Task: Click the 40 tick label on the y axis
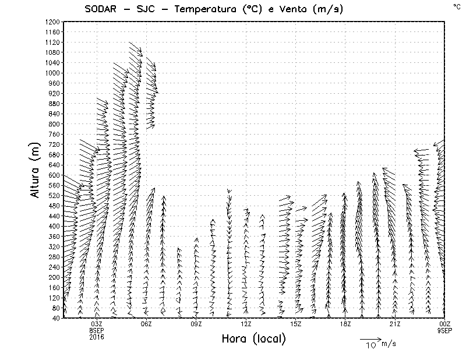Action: tap(57, 318)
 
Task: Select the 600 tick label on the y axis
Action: tap(54, 175)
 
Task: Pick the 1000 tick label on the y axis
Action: tap(52, 73)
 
